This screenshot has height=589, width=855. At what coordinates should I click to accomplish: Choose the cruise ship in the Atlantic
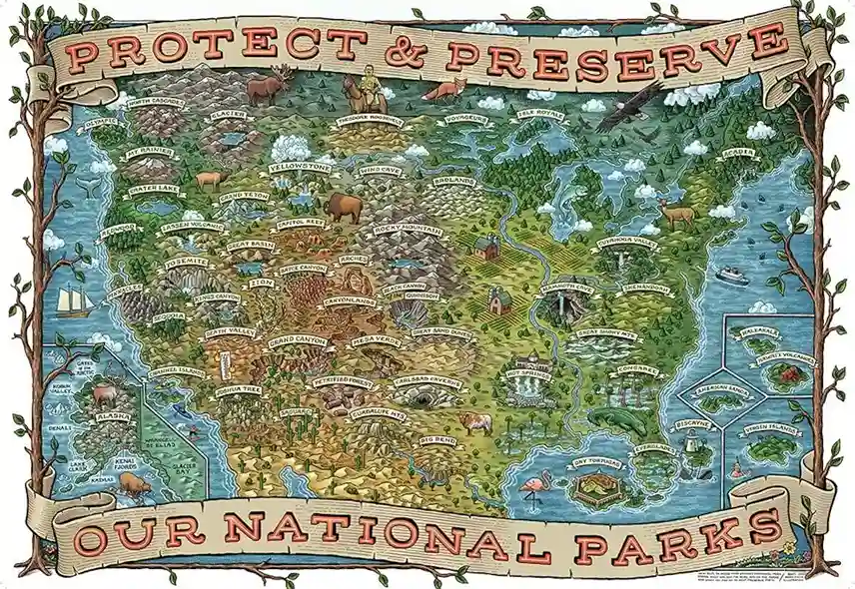(732, 276)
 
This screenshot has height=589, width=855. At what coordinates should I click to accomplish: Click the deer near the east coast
(676, 213)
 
